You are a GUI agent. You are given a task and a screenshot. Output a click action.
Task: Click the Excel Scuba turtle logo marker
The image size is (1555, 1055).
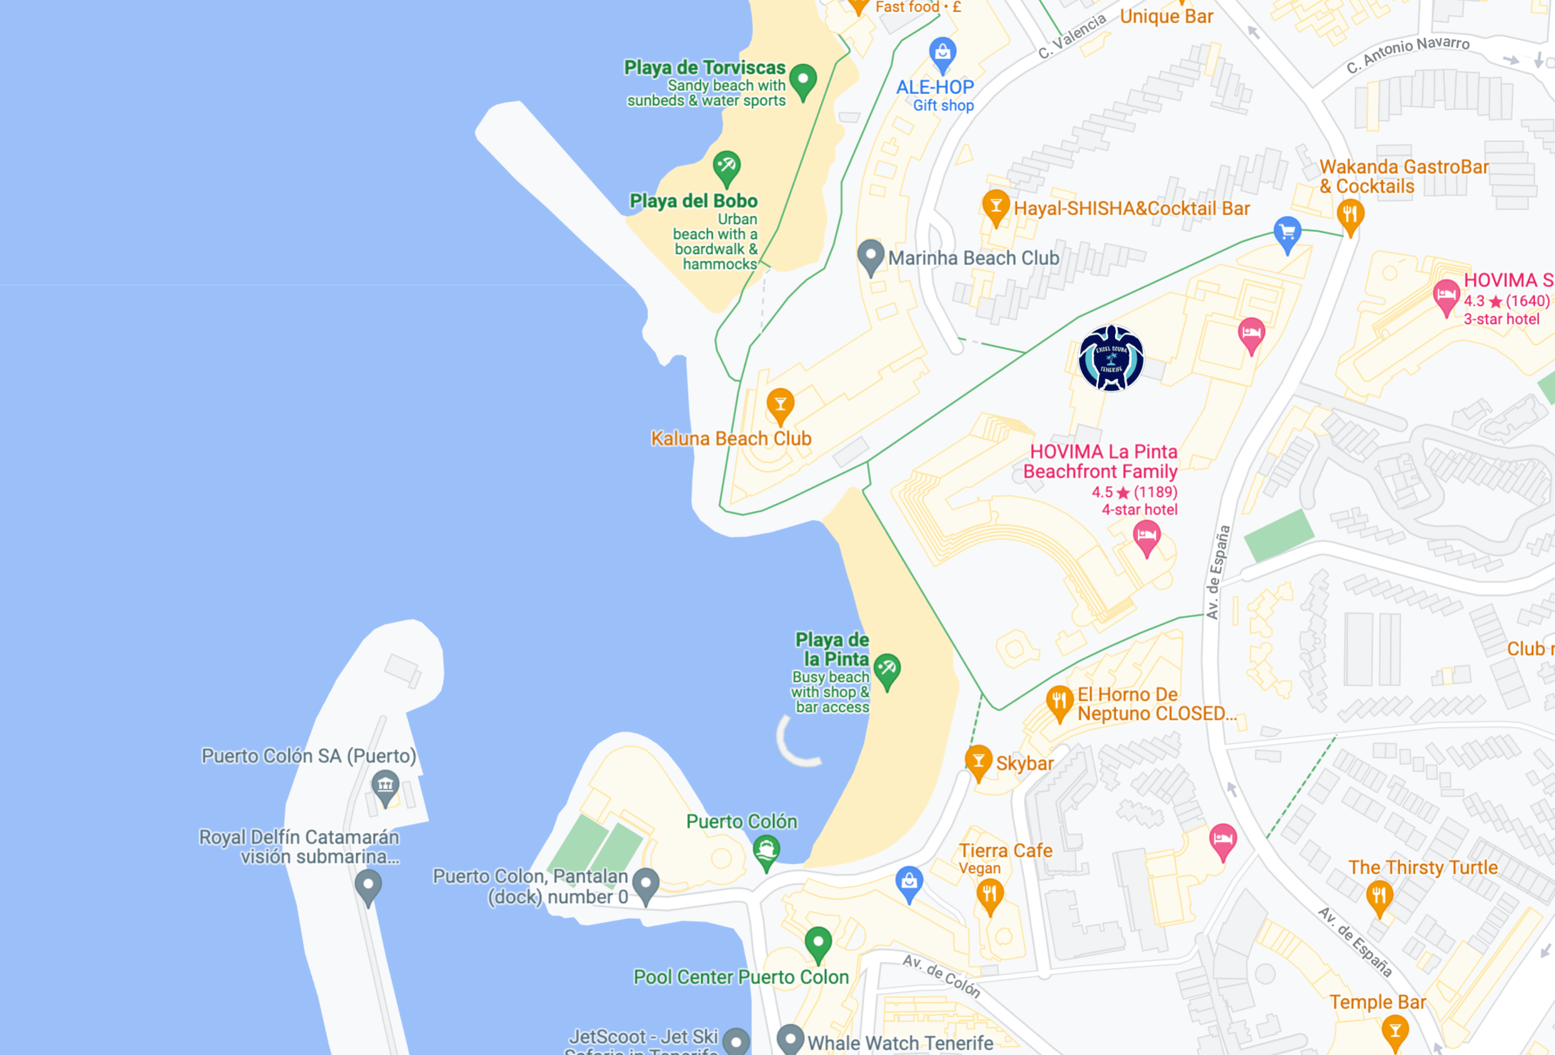(x=1111, y=358)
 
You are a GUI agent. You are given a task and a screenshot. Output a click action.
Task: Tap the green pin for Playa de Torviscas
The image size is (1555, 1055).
(x=803, y=80)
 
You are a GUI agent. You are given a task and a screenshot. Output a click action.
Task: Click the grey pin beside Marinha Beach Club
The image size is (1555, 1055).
(x=871, y=256)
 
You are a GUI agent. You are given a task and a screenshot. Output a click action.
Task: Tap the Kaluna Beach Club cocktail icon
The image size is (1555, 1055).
(x=780, y=404)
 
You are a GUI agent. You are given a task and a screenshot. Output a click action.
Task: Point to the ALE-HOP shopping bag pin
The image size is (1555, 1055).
(x=942, y=53)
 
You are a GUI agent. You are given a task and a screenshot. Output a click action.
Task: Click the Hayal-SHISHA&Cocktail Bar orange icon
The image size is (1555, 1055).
(x=996, y=206)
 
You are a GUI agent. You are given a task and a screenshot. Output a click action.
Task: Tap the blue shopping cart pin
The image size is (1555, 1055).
(x=1287, y=232)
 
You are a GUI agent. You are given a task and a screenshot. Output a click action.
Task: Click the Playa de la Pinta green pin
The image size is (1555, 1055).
(x=887, y=669)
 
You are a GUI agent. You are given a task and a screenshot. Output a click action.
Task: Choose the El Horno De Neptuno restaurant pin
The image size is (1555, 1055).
(x=1059, y=702)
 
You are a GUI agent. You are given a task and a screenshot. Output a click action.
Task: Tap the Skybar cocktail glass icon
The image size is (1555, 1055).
(x=978, y=761)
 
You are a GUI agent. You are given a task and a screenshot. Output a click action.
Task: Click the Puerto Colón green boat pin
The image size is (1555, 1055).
(x=766, y=851)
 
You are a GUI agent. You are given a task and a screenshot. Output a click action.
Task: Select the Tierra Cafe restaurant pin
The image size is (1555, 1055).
(x=989, y=894)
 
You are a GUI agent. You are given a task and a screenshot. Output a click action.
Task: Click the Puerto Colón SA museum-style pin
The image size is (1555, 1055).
(x=386, y=786)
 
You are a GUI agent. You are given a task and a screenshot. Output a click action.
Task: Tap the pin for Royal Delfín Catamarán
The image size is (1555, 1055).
(x=368, y=886)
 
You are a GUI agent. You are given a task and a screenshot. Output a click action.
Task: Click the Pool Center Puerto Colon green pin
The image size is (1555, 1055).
(x=817, y=942)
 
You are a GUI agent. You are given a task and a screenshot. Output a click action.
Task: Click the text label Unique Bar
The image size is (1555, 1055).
(x=1166, y=16)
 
